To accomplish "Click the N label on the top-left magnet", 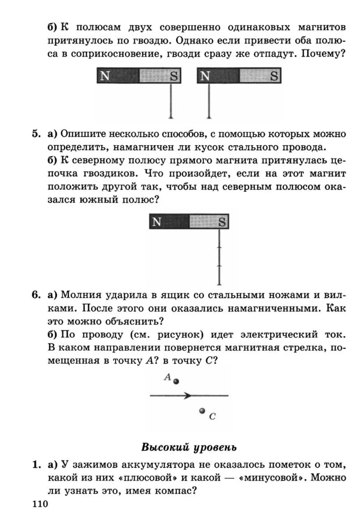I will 105,76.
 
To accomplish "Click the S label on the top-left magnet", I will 174,76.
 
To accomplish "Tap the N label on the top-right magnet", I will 205,76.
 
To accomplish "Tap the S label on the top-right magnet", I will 274,76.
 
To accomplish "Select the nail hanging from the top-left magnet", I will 171,101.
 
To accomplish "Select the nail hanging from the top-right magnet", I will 209,101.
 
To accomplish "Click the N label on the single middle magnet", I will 157,222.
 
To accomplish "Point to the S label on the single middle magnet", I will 222,222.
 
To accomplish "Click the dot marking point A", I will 176,382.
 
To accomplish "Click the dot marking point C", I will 202,411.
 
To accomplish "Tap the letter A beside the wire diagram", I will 167,377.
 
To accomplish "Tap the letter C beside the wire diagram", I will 212,416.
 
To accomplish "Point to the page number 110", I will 40,504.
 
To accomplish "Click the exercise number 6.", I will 36,295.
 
